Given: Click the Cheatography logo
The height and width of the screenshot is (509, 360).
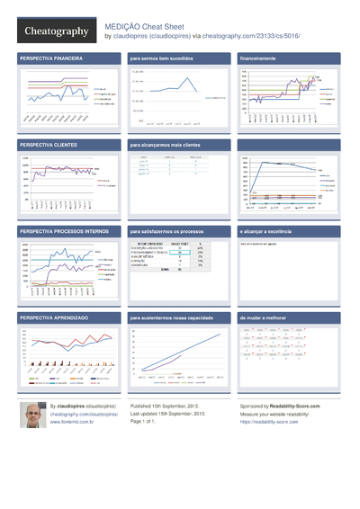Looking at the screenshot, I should pos(56,31).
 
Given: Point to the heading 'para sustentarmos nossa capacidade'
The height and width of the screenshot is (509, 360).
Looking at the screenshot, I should pos(176,319).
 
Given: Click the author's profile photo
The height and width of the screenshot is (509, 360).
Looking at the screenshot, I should pos(32,416).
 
